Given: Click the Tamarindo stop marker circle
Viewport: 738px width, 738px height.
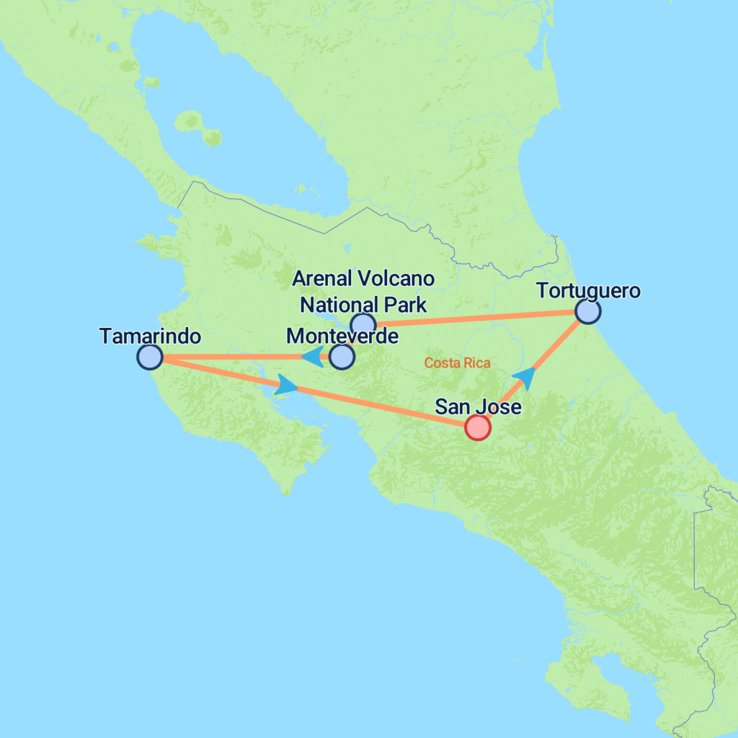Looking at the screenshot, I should click(149, 357).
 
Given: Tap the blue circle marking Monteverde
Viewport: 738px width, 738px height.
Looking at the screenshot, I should click(342, 356).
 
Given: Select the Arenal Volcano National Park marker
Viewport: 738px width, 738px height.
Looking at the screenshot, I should click(363, 324).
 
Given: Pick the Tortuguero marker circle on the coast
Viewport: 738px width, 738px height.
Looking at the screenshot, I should click(588, 312).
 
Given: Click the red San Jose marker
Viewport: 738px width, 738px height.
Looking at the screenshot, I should click(477, 427).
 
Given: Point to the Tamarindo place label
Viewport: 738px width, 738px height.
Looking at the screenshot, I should click(149, 336).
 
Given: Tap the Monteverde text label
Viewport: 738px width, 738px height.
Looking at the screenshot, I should click(342, 336).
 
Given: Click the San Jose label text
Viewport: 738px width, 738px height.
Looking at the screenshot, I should click(478, 407).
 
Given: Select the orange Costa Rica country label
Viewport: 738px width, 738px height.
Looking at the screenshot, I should click(457, 363).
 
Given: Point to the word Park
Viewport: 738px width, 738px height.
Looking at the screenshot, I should click(403, 304).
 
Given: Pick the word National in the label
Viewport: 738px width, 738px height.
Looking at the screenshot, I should click(335, 304).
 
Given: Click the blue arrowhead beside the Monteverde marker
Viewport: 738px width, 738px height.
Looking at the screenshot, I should click(311, 356).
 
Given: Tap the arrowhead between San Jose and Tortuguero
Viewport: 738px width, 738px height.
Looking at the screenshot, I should click(527, 376).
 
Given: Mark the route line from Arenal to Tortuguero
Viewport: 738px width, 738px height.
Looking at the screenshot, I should click(476, 318).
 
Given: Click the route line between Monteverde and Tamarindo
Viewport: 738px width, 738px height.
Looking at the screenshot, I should click(231, 357).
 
